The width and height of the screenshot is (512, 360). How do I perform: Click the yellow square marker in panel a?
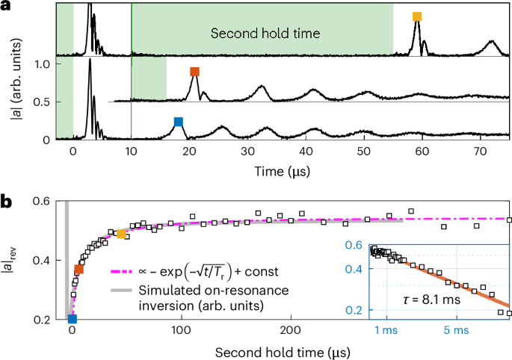(x=418, y=16)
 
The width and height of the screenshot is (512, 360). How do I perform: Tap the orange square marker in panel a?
(x=195, y=72)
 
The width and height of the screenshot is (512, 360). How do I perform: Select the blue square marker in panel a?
(x=178, y=122)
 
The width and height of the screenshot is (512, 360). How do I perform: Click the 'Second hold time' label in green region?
(x=265, y=34)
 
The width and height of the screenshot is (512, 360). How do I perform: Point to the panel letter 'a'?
(x=6, y=6)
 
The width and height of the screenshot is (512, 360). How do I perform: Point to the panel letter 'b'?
(x=6, y=201)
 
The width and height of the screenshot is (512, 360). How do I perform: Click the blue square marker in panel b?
(x=72, y=320)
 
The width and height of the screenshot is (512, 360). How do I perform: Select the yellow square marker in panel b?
(x=121, y=235)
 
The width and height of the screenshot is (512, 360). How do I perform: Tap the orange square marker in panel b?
(x=78, y=270)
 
